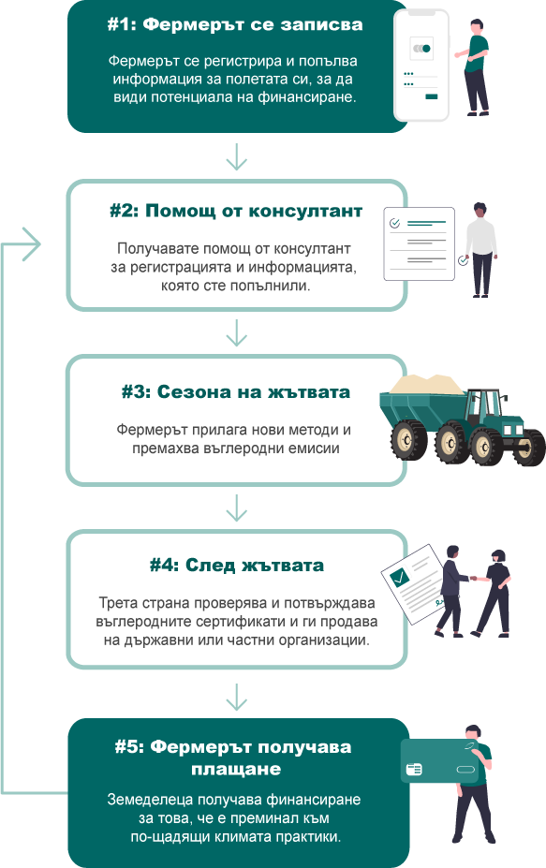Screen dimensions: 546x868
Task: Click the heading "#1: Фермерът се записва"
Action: point(235,25)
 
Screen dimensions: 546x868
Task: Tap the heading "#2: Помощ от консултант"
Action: point(236,211)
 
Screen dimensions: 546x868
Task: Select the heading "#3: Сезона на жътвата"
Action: point(236,392)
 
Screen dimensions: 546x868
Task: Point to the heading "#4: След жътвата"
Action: point(236,566)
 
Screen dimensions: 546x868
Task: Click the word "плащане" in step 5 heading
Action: point(236,769)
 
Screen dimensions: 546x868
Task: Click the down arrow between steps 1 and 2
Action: point(236,156)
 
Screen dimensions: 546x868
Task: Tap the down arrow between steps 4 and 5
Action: point(236,697)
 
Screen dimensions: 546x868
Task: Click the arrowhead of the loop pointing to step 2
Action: point(33,244)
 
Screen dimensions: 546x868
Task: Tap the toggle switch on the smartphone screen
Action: point(421,49)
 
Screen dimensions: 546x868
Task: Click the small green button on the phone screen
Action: point(431,96)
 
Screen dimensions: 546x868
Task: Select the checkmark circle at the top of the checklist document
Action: point(395,223)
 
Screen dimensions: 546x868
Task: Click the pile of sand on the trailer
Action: point(427,384)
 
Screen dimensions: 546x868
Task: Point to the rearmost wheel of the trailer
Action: point(408,440)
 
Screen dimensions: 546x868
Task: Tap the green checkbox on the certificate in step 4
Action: point(399,578)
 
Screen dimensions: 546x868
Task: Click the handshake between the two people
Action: point(474,579)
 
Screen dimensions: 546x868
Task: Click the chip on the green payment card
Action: point(414,769)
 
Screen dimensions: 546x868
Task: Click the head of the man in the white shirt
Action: point(480,211)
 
